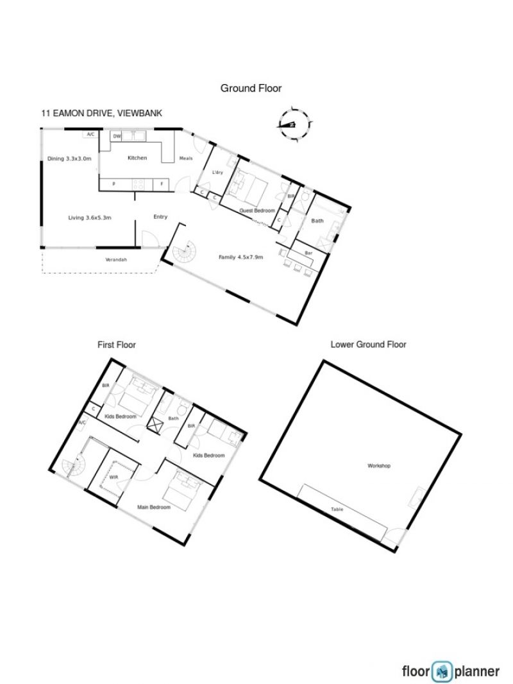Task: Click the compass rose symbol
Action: [x=294, y=124]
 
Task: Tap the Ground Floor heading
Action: [x=251, y=88]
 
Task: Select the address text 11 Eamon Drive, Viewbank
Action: [x=101, y=114]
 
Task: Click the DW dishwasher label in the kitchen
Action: [x=117, y=137]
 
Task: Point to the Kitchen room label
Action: [x=137, y=158]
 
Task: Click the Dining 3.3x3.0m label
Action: [x=69, y=158]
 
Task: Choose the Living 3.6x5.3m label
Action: [x=90, y=218]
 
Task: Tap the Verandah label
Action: [x=116, y=260]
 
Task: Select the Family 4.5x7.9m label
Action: [x=240, y=257]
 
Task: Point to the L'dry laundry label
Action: [x=217, y=173]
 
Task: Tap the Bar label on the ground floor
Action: [x=308, y=253]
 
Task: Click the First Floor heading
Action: [x=116, y=345]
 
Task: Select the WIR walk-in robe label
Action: [x=114, y=477]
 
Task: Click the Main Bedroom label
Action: [x=154, y=508]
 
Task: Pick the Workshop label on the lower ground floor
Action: [x=379, y=466]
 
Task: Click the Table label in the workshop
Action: [x=337, y=509]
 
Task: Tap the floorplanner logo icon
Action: [x=442, y=672]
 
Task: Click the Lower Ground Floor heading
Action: [x=368, y=345]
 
